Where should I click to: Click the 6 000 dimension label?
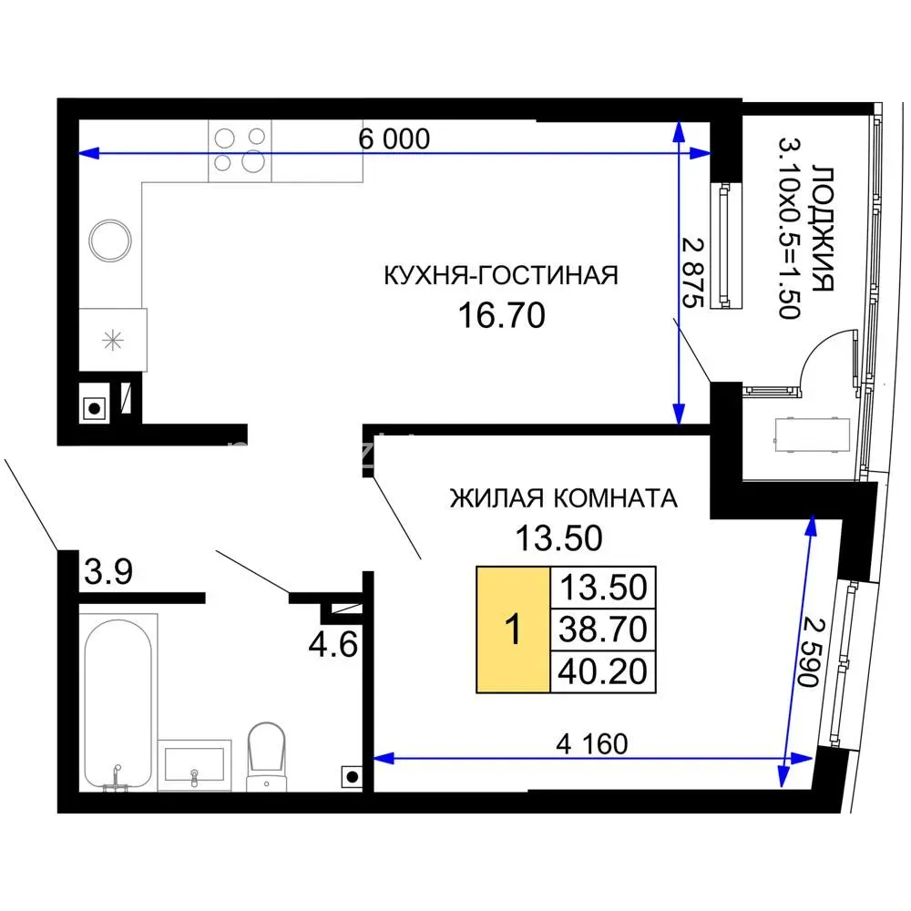(x=394, y=138)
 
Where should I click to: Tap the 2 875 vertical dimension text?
(x=692, y=272)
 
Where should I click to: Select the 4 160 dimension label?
(x=591, y=744)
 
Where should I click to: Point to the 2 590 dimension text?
(x=811, y=652)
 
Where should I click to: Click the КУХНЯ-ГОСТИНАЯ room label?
(x=501, y=275)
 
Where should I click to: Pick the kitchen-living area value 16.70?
(x=501, y=315)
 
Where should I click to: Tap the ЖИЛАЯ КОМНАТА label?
(x=564, y=498)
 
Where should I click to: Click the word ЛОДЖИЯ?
(x=823, y=229)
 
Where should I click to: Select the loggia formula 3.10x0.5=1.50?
(x=790, y=229)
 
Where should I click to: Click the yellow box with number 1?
(x=513, y=630)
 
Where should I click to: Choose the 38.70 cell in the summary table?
(x=602, y=630)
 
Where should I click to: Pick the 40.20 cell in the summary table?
(x=602, y=671)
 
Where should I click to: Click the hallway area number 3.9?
(x=108, y=571)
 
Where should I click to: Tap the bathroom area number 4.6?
(x=333, y=644)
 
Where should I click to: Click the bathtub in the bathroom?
(x=118, y=703)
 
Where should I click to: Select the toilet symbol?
(x=267, y=756)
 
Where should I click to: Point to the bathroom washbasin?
(x=195, y=764)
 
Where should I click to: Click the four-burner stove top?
(x=240, y=151)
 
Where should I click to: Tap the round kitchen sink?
(x=110, y=241)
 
